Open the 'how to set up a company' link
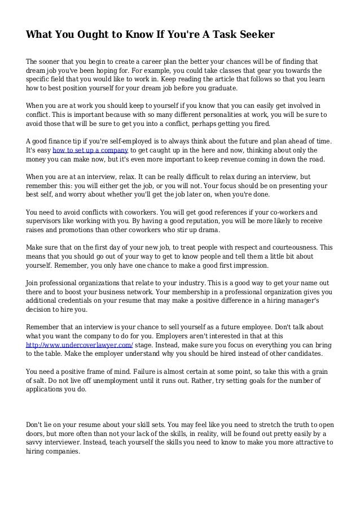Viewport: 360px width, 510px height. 90,150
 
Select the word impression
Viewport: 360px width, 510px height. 249,265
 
